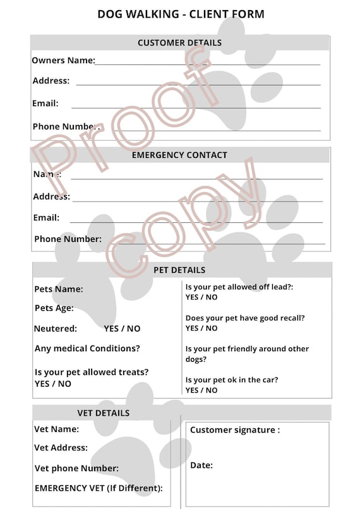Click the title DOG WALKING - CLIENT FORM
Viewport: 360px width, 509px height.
(181, 14)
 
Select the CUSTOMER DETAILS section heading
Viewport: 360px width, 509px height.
(179, 43)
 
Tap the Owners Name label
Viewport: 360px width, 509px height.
(63, 61)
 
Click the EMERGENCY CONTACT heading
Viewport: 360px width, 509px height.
(179, 155)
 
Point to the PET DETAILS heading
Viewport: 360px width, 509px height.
(179, 270)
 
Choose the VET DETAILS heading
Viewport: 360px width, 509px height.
(103, 413)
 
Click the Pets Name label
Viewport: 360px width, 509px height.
(59, 289)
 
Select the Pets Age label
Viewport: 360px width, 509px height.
(54, 308)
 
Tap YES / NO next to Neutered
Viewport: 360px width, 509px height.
(122, 328)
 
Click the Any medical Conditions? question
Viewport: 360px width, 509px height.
(87, 349)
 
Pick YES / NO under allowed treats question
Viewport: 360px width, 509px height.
(53, 384)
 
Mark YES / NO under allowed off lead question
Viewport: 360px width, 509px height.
(201, 297)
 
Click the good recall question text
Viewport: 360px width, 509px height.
(245, 318)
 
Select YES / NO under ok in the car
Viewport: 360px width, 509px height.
(201, 390)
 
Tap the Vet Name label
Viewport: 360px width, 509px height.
(57, 429)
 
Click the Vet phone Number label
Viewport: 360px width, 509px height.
(76, 469)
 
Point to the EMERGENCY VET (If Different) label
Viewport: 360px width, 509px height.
(99, 488)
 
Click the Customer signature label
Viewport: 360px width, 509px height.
(235, 430)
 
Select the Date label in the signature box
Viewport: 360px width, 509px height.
(201, 465)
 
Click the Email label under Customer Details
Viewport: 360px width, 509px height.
(45, 103)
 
